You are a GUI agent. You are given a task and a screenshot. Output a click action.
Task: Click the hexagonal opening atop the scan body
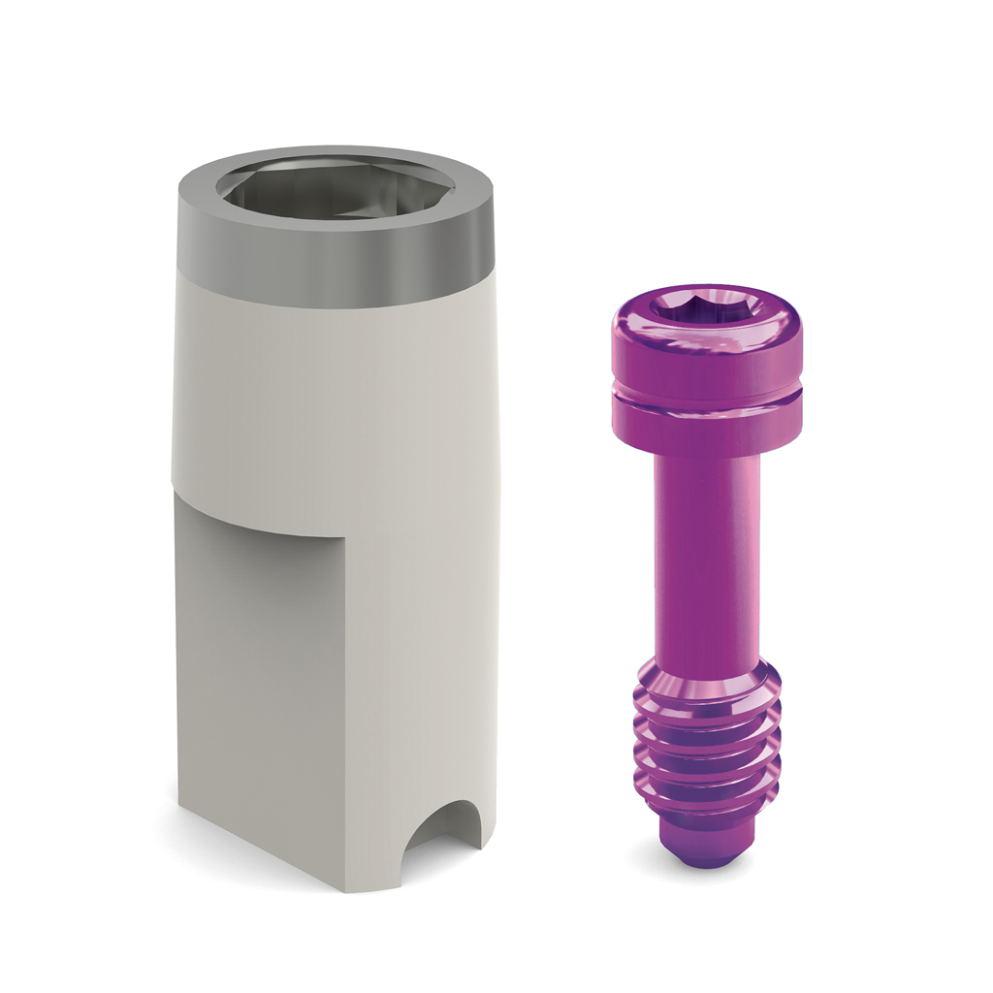tap(335, 190)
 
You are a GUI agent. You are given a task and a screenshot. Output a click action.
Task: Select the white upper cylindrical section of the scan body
tap(335, 398)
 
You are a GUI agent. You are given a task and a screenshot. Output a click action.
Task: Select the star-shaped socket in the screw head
tap(706, 307)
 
